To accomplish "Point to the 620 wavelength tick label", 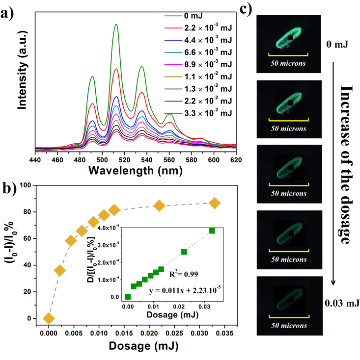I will click(x=236, y=160).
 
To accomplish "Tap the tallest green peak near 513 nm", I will click(x=116, y=25).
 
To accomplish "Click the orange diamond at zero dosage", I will click(x=48, y=318).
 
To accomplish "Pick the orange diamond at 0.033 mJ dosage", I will click(x=215, y=203).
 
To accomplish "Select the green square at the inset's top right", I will click(x=212, y=231).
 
